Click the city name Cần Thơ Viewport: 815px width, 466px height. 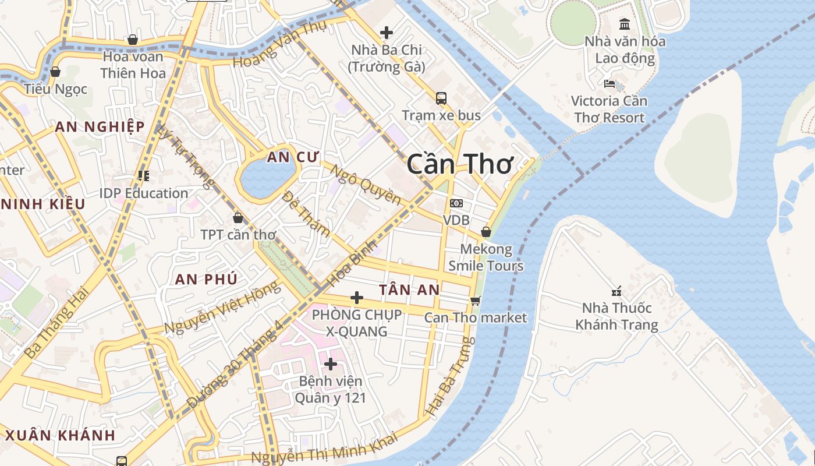[x=459, y=164]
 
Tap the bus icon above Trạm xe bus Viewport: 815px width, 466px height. [x=441, y=98]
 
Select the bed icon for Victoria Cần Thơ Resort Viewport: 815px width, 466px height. [x=610, y=83]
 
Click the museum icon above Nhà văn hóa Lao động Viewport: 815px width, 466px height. [x=625, y=24]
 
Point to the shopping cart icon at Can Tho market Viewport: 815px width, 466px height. [x=476, y=300]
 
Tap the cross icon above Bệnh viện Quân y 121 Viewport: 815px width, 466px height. [x=331, y=364]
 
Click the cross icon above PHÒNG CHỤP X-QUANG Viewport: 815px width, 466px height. [x=357, y=298]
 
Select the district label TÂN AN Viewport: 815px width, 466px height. [x=409, y=290]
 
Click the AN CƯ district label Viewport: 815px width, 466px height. [x=286, y=157]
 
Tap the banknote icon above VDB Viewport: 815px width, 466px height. [x=456, y=203]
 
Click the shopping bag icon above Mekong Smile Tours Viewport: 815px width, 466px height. [x=486, y=232]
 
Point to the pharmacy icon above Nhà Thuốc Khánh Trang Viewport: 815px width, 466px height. [x=616, y=290]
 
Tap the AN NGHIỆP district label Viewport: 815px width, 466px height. [x=100, y=126]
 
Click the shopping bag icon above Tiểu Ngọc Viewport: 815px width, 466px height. [x=55, y=72]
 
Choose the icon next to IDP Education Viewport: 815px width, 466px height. [x=143, y=175]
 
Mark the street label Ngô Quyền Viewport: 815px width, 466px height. [x=366, y=185]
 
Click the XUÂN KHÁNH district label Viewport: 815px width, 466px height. [x=61, y=435]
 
